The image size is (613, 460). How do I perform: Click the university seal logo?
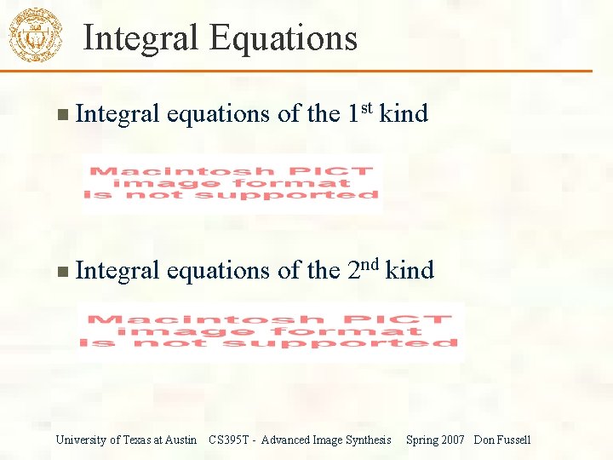[35, 35]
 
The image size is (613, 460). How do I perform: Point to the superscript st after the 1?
[366, 106]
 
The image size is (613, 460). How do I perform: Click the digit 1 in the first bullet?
[353, 113]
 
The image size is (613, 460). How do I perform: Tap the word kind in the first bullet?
[404, 113]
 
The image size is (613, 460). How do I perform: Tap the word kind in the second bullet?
[410, 271]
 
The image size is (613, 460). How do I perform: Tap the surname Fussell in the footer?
[513, 440]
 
